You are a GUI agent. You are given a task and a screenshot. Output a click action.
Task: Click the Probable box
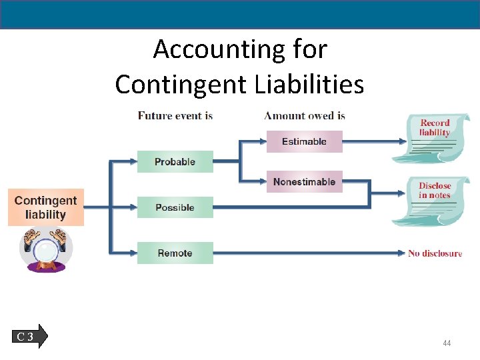click(175, 162)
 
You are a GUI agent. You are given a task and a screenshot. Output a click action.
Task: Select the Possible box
click(175, 207)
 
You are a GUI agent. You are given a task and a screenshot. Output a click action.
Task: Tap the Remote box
click(175, 253)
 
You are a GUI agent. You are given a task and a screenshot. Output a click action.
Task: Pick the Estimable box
click(304, 141)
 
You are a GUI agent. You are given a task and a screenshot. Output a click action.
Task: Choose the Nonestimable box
click(304, 182)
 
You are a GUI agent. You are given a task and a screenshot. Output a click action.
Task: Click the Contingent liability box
click(45, 207)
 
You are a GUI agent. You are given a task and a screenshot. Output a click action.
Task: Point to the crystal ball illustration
click(45, 250)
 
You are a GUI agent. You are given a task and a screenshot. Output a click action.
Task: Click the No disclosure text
click(435, 253)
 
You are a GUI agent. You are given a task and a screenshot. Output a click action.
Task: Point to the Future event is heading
click(175, 116)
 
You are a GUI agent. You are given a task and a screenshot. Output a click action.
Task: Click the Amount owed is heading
click(304, 116)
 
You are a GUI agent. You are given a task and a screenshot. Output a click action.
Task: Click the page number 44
click(447, 343)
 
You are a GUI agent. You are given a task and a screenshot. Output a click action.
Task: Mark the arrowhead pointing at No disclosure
click(401, 253)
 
